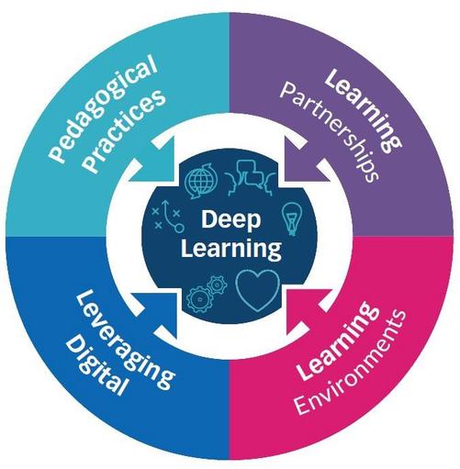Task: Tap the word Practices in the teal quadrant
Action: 125,131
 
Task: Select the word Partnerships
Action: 330,132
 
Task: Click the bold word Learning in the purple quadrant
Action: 364,109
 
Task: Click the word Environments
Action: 351,362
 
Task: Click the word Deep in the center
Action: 230,220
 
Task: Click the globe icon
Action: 201,181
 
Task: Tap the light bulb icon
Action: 292,218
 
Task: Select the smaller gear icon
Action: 217,285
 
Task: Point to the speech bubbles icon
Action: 251,177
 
